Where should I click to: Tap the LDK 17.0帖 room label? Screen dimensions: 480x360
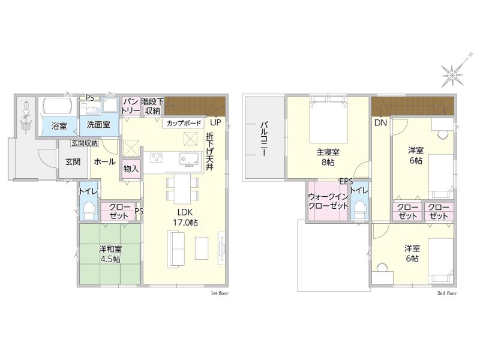(x=185, y=217)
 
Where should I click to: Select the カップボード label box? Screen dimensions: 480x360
(x=184, y=123)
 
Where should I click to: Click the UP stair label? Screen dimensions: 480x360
(x=215, y=122)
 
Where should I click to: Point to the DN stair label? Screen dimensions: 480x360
(x=380, y=123)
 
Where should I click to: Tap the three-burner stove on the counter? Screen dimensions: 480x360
(x=157, y=158)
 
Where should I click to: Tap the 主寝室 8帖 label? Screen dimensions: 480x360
(x=328, y=157)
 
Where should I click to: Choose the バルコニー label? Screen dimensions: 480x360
(x=264, y=139)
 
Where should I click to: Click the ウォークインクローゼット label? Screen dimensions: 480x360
(x=328, y=201)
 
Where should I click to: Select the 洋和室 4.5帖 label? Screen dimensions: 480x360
(x=110, y=254)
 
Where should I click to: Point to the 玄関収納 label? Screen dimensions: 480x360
(x=85, y=143)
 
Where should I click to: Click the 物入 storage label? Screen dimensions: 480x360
(x=131, y=169)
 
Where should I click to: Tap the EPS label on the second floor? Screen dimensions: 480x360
(x=346, y=181)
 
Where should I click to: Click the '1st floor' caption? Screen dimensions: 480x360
(x=220, y=293)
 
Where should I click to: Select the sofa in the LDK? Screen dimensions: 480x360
(x=176, y=250)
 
